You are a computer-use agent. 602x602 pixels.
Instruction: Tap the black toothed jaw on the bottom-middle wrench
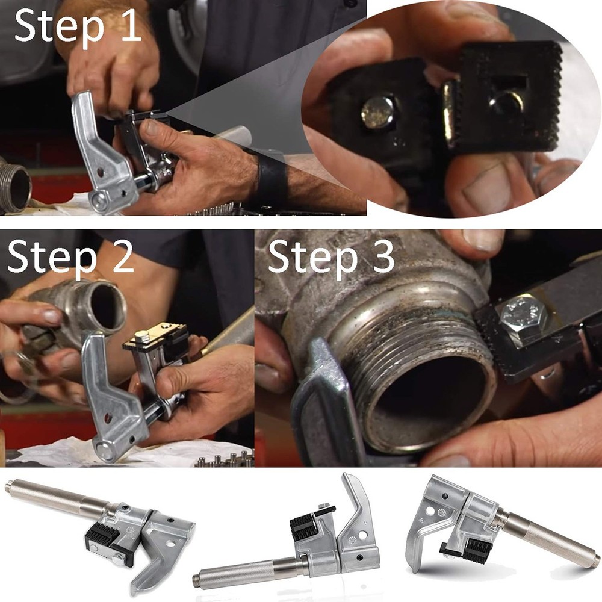point(305,526)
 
